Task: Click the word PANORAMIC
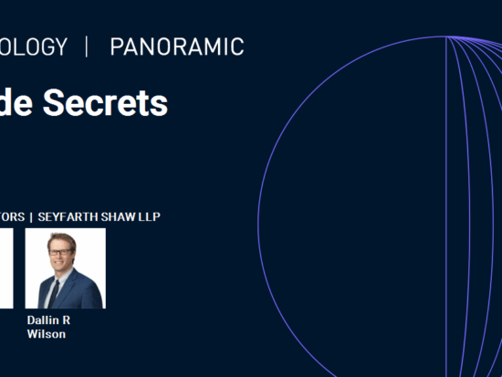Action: point(176,47)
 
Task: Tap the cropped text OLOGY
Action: point(34,47)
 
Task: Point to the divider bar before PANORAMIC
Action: point(87,47)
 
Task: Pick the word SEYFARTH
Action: point(71,216)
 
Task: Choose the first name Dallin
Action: point(43,321)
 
